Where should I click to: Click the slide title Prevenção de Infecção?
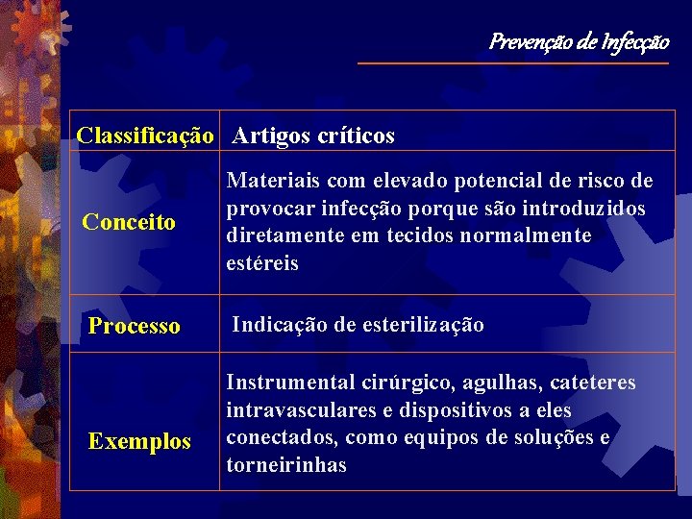(579, 41)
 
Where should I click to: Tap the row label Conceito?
(129, 223)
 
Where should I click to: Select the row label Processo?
(134, 326)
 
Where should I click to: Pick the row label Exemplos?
(139, 442)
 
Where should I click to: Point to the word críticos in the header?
(354, 136)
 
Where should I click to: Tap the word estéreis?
(262, 263)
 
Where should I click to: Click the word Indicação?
(280, 325)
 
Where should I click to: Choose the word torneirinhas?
(286, 466)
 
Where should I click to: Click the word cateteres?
(593, 383)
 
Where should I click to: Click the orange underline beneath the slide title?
(512, 63)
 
